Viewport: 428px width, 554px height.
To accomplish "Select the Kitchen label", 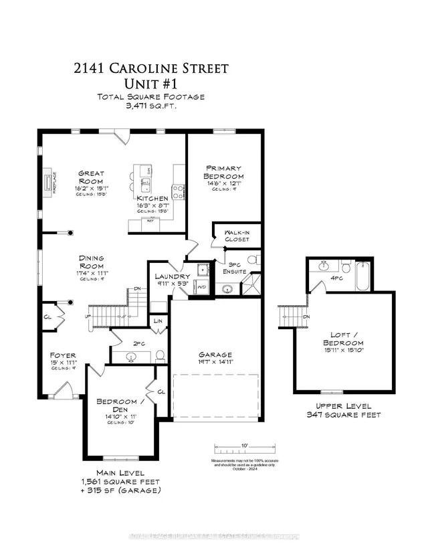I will tap(152, 199).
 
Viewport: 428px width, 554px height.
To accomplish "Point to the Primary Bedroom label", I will tap(224, 172).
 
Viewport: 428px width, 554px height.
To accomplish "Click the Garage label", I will tap(215, 355).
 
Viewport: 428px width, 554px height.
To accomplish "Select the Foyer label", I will tap(62, 355).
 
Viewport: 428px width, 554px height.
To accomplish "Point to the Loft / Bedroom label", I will tap(346, 339).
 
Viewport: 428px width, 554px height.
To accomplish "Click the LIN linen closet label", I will tap(158, 322).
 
